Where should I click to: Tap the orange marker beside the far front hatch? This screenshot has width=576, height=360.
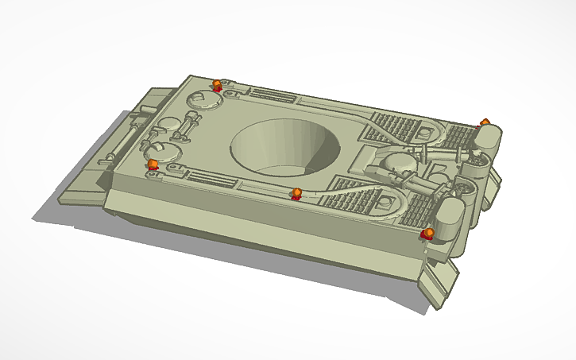(x=217, y=84)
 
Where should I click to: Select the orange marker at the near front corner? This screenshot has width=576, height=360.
(x=153, y=165)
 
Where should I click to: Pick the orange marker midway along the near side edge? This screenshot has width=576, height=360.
(x=296, y=194)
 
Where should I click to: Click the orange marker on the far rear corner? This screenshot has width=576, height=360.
(x=485, y=122)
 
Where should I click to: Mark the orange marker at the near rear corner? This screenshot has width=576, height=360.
(x=428, y=233)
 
